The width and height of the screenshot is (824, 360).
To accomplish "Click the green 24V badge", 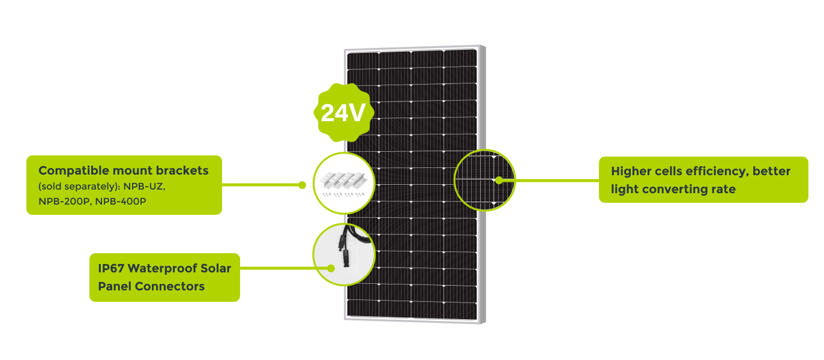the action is click(343, 113).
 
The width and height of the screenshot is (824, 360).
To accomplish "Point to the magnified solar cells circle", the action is click(484, 179).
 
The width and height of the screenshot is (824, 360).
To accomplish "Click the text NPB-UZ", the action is click(144, 187).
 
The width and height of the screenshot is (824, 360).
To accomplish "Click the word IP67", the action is click(111, 268).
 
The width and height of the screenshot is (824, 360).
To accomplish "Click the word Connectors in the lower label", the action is click(170, 286).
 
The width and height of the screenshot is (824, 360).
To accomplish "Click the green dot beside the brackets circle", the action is click(302, 185).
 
